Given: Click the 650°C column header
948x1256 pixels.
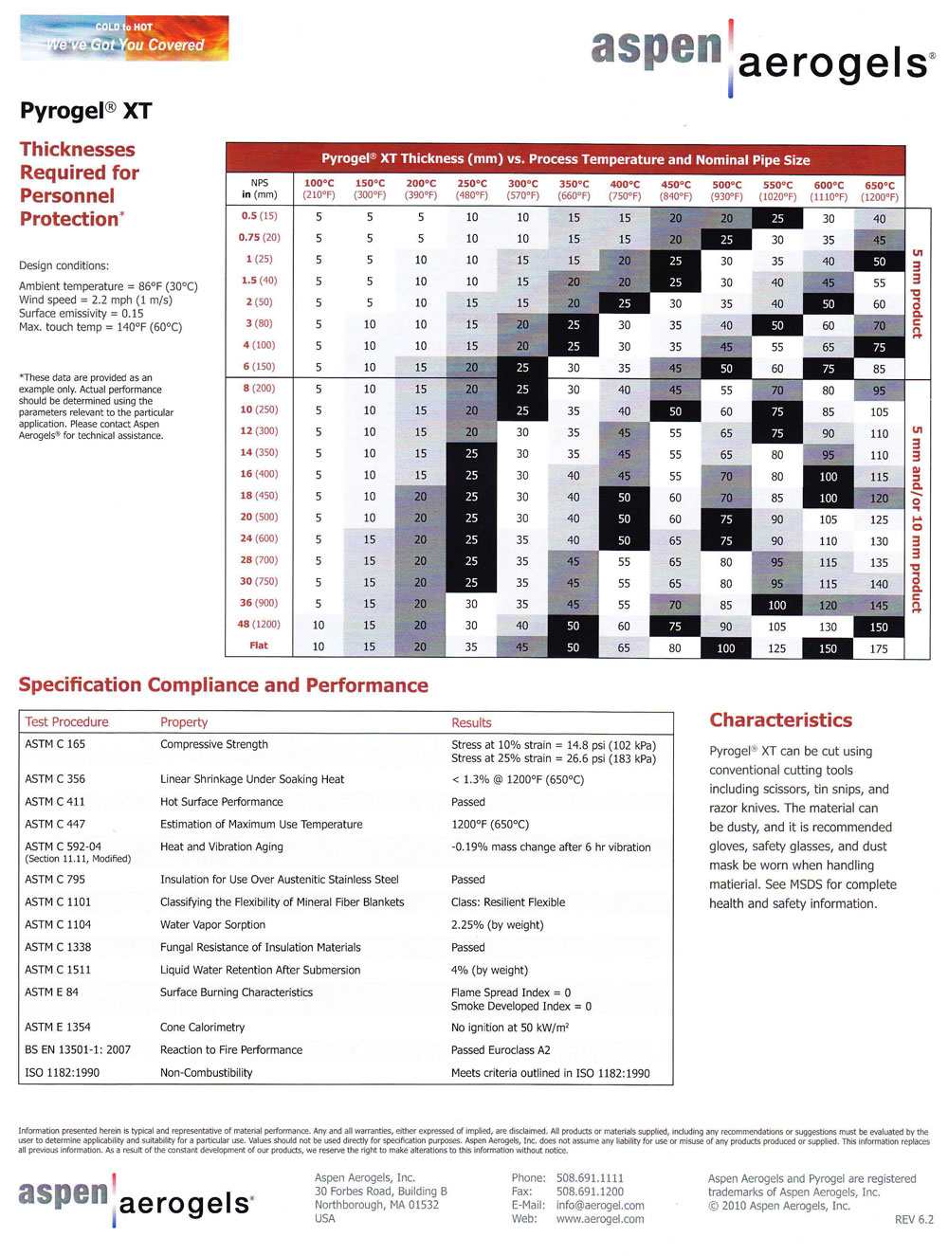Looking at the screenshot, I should [x=879, y=191].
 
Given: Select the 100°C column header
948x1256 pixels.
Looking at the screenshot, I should [x=319, y=189].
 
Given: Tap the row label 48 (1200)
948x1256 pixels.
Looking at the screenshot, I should [x=259, y=624].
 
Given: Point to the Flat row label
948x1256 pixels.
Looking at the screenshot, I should [x=259, y=646].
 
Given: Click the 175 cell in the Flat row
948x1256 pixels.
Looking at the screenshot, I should [x=879, y=648].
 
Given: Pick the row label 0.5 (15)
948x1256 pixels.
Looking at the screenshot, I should [x=259, y=216].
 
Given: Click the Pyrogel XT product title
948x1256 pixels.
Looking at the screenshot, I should [x=85, y=111].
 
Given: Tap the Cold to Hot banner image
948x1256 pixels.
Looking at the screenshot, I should [x=124, y=38].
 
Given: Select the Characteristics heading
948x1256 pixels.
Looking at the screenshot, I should [x=780, y=720].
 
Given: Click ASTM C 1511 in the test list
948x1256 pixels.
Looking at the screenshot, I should [x=58, y=970].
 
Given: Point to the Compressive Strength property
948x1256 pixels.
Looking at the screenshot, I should [x=214, y=744].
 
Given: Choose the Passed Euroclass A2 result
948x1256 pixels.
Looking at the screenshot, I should [x=501, y=1050].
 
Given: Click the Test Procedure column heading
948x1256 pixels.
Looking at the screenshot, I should [x=66, y=722].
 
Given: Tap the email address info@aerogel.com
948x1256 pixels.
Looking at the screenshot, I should [x=600, y=1206].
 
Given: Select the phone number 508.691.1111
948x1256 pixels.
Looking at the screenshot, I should [x=590, y=1178].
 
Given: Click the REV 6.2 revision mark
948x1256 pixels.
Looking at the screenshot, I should [x=913, y=1219].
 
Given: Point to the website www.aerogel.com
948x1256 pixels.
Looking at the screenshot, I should [x=600, y=1219].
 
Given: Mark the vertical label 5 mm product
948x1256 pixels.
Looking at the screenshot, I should [x=917, y=293].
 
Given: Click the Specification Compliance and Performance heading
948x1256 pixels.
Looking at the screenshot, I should [x=224, y=685].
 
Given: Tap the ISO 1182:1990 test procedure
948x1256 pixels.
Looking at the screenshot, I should [x=63, y=1073].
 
